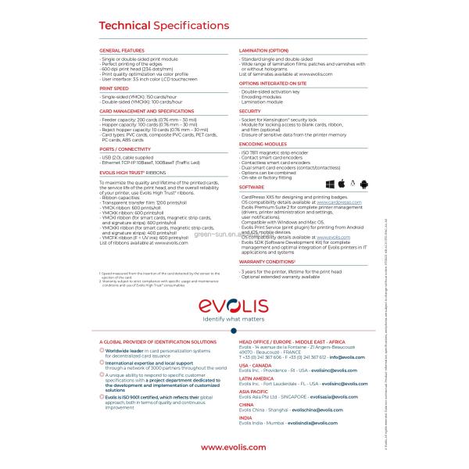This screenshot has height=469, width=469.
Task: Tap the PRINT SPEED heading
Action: click(114, 89)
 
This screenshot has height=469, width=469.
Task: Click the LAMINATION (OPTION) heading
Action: click(268, 49)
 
